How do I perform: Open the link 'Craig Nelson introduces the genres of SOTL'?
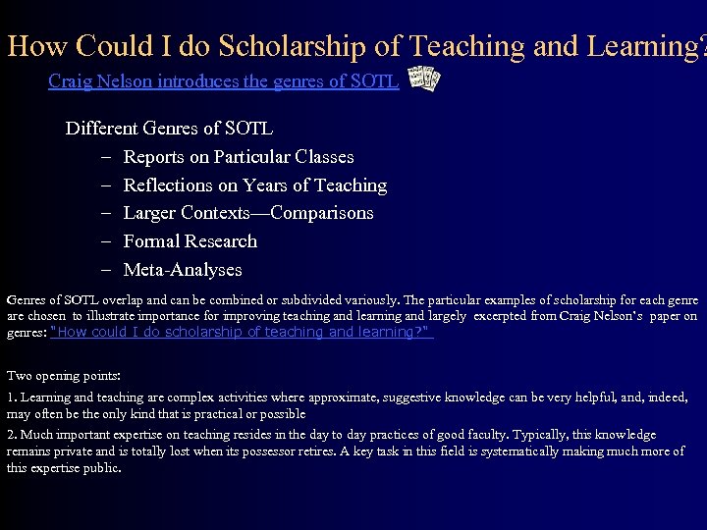pos(223,81)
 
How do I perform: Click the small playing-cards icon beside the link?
pos(423,80)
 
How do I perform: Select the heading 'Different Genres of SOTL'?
pos(169,129)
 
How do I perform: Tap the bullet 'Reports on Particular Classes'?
pos(239,157)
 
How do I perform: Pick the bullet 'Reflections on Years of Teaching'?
pos(255,185)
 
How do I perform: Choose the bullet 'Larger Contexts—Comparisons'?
pos(248,213)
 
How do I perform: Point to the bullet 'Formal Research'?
pos(190,241)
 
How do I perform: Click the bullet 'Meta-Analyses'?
pos(183,270)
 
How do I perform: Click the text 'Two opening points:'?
pos(64,375)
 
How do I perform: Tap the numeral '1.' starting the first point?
pos(11,397)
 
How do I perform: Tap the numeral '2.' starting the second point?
pos(11,435)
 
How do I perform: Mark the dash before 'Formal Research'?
pos(104,241)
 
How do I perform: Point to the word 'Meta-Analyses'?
pos(183,270)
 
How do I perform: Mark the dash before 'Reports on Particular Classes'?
pos(104,157)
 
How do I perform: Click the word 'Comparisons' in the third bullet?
pos(322,213)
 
